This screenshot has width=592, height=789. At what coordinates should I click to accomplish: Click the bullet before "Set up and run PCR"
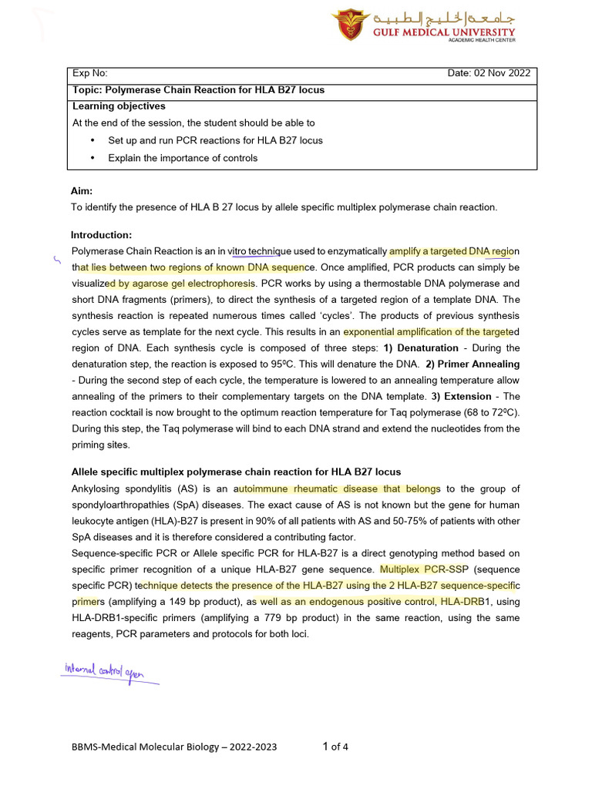click(x=92, y=140)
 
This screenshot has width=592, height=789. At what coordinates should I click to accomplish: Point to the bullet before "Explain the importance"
click(x=92, y=158)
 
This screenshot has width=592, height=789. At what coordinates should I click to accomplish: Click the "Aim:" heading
click(x=82, y=190)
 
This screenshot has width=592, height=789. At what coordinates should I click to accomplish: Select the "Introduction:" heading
click(x=101, y=234)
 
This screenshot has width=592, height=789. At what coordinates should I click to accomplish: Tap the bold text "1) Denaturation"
click(x=421, y=347)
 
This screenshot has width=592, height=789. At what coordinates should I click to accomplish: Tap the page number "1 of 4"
click(x=335, y=746)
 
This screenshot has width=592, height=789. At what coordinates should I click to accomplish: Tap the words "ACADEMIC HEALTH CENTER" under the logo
click(x=482, y=40)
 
